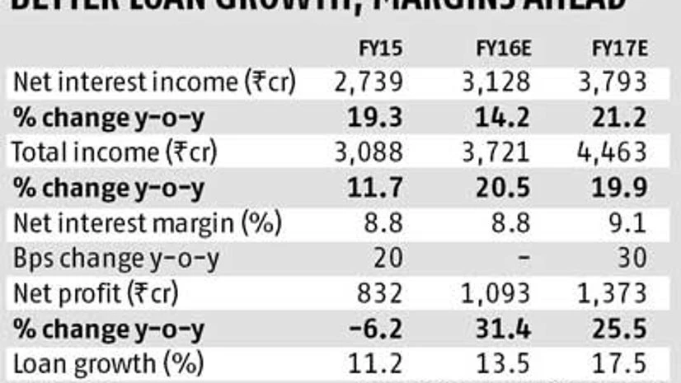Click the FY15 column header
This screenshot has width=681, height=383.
382,48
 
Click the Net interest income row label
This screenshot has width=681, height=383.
154,82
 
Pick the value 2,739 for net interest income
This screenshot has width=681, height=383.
369,82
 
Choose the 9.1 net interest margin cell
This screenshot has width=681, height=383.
629,222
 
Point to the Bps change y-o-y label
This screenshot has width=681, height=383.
115,258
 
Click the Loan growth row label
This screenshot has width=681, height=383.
107,363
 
